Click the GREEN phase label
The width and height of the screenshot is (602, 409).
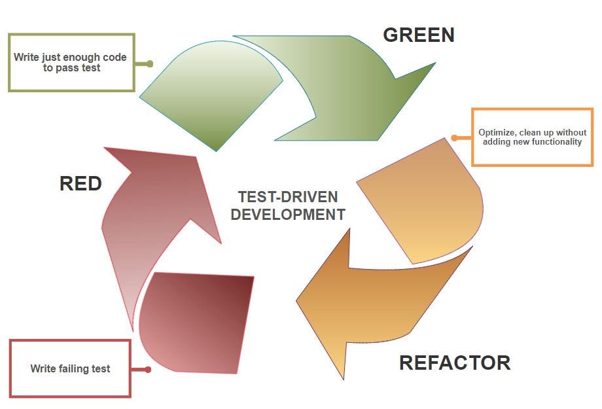pyautogui.click(x=418, y=35)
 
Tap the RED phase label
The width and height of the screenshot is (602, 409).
pyautogui.click(x=80, y=184)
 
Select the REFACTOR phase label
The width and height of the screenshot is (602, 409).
pyautogui.click(x=455, y=363)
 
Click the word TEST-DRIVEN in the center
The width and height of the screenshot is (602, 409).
pyautogui.click(x=288, y=197)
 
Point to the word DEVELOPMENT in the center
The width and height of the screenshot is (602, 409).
pyautogui.click(x=288, y=214)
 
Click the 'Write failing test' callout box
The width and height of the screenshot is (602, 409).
pyautogui.click(x=71, y=368)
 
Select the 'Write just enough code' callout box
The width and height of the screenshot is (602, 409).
pyautogui.click(x=71, y=63)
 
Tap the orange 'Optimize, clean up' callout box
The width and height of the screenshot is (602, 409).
pyautogui.click(x=532, y=137)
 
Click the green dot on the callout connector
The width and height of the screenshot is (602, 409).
pyautogui.click(x=150, y=64)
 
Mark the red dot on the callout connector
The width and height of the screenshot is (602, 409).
pyautogui.click(x=148, y=370)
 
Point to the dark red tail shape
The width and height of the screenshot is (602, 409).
pyautogui.click(x=196, y=321)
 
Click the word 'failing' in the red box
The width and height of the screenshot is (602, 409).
pyautogui.click(x=70, y=368)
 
